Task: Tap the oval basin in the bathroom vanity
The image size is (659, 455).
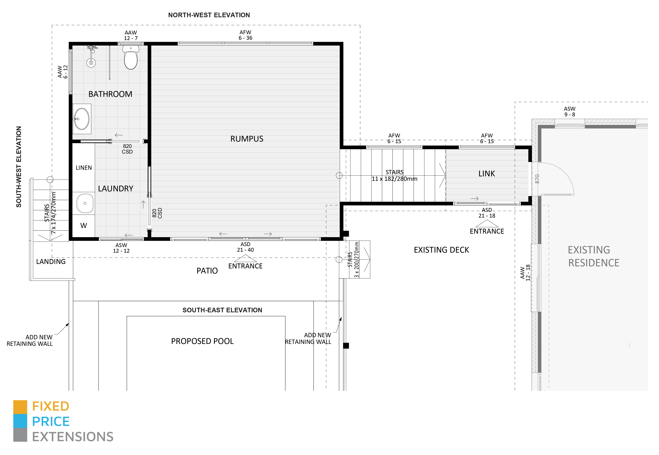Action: tap(82, 119)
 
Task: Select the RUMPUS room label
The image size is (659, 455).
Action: tap(247, 139)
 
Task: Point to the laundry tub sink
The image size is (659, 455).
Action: tap(85, 203)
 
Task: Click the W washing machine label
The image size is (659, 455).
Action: tap(84, 226)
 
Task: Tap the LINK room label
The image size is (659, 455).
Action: tap(487, 174)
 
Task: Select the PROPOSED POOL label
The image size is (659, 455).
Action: tap(202, 341)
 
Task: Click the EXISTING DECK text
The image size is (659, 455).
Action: tap(441, 250)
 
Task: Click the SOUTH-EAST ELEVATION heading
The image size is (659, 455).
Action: tap(222, 310)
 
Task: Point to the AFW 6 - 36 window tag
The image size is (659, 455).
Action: tap(245, 35)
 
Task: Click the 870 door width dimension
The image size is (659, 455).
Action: tap(537, 179)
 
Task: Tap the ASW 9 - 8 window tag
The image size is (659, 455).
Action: tap(570, 111)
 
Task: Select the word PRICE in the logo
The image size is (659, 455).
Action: tap(51, 422)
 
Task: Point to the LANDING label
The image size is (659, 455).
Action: tap(51, 262)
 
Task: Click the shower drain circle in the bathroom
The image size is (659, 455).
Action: tap(91, 63)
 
